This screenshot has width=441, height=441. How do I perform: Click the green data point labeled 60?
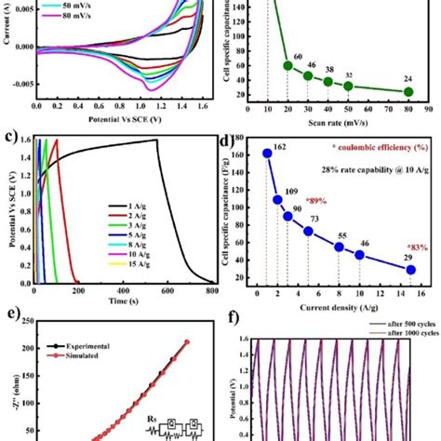(x=287, y=66)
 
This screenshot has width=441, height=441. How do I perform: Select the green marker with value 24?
(x=408, y=91)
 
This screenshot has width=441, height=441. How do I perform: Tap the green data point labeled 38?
(x=328, y=82)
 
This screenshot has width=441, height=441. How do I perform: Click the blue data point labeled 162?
(x=267, y=154)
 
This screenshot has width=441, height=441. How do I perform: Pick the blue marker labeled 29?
(x=410, y=270)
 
